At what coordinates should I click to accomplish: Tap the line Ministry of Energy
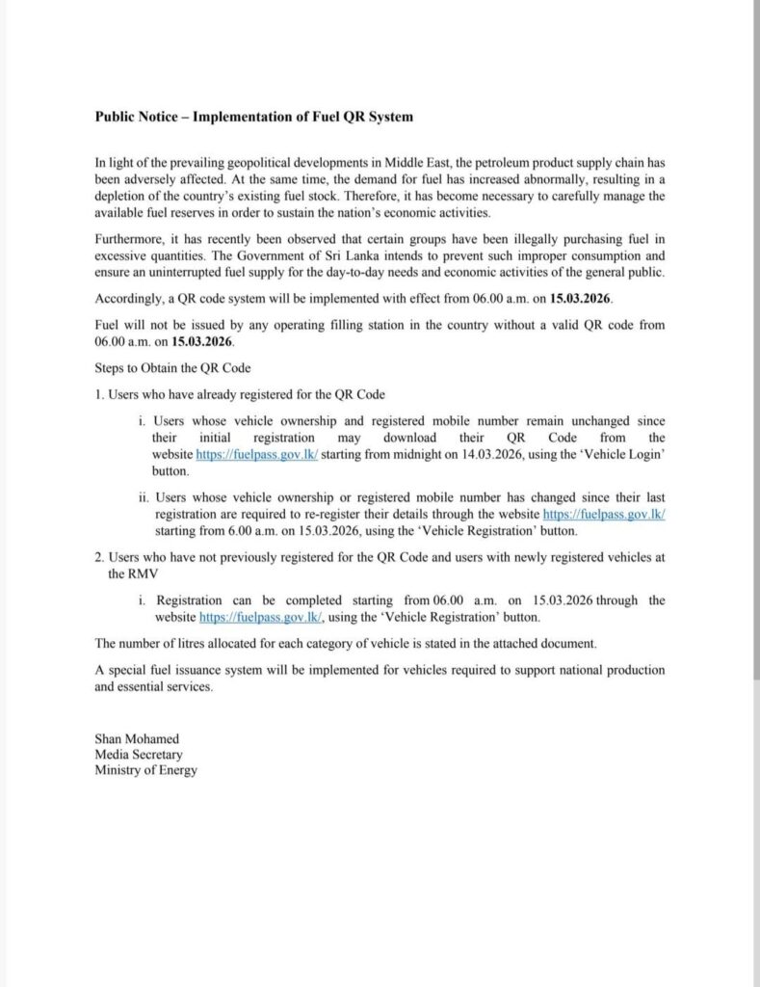145,770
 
